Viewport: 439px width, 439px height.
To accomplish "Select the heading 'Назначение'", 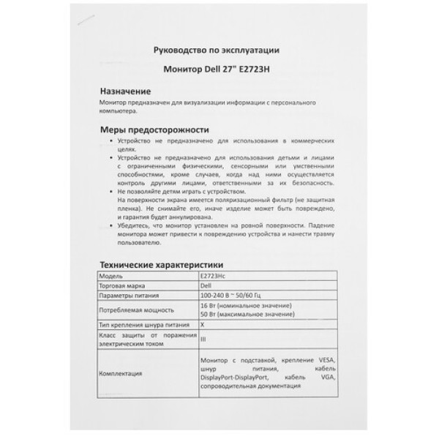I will click(125, 92).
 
